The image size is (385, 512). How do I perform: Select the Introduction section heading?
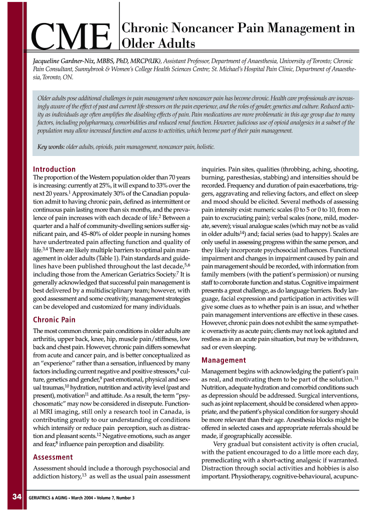point(54,169)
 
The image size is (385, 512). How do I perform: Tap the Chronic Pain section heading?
point(54,319)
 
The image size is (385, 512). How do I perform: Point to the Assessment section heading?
point(53,457)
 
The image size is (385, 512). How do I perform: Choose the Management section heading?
point(223,360)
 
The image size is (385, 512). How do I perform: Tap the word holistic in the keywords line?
point(205,147)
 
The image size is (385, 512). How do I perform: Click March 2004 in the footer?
point(82,497)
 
